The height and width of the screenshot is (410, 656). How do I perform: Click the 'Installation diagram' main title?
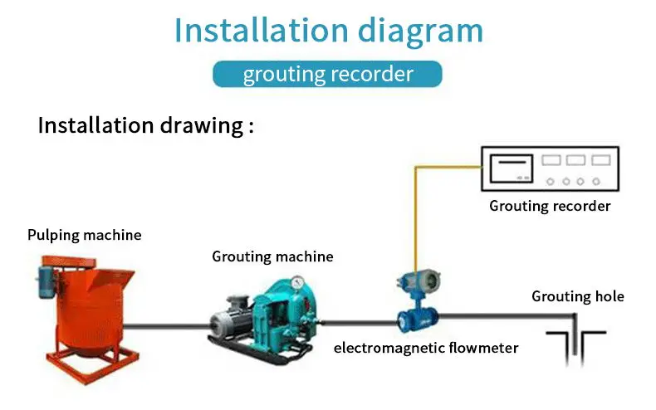(x=328, y=31)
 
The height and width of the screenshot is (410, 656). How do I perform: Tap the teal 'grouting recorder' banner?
(x=328, y=74)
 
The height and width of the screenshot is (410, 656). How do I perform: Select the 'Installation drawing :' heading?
(x=145, y=126)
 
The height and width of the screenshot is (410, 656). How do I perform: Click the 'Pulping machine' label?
(x=84, y=235)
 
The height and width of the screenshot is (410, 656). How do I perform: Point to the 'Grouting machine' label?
(x=272, y=256)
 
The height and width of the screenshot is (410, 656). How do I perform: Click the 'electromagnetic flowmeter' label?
(x=426, y=347)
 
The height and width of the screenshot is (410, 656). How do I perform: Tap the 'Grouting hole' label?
(x=578, y=296)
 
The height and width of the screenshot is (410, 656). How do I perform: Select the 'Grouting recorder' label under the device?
(x=550, y=205)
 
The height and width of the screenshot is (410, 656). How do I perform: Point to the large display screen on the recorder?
(x=512, y=168)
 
